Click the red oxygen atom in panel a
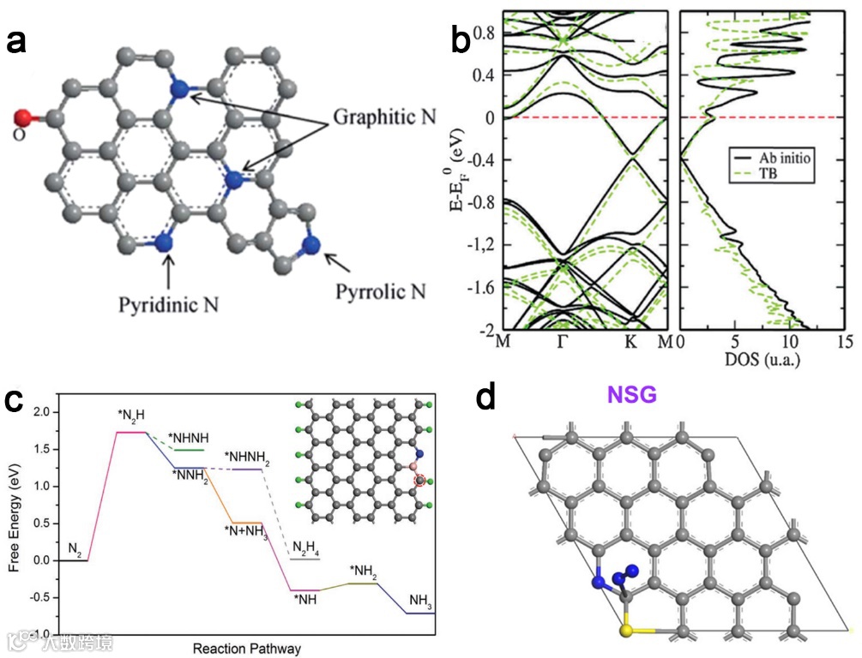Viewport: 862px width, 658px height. (x=23, y=117)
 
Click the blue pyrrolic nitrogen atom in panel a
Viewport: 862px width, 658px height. (x=310, y=244)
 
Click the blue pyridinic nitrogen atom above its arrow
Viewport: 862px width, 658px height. (x=165, y=242)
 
